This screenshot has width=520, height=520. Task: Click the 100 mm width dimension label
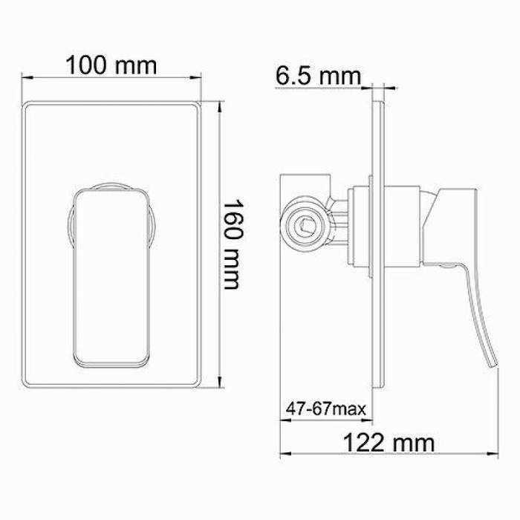(x=111, y=65)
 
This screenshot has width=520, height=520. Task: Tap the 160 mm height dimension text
(x=233, y=244)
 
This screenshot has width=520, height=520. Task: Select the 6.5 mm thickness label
(x=317, y=75)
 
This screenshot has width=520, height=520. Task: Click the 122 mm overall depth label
(x=389, y=443)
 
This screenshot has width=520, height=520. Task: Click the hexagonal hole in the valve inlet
(x=305, y=222)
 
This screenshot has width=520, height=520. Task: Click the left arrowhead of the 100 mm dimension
(x=25, y=77)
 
